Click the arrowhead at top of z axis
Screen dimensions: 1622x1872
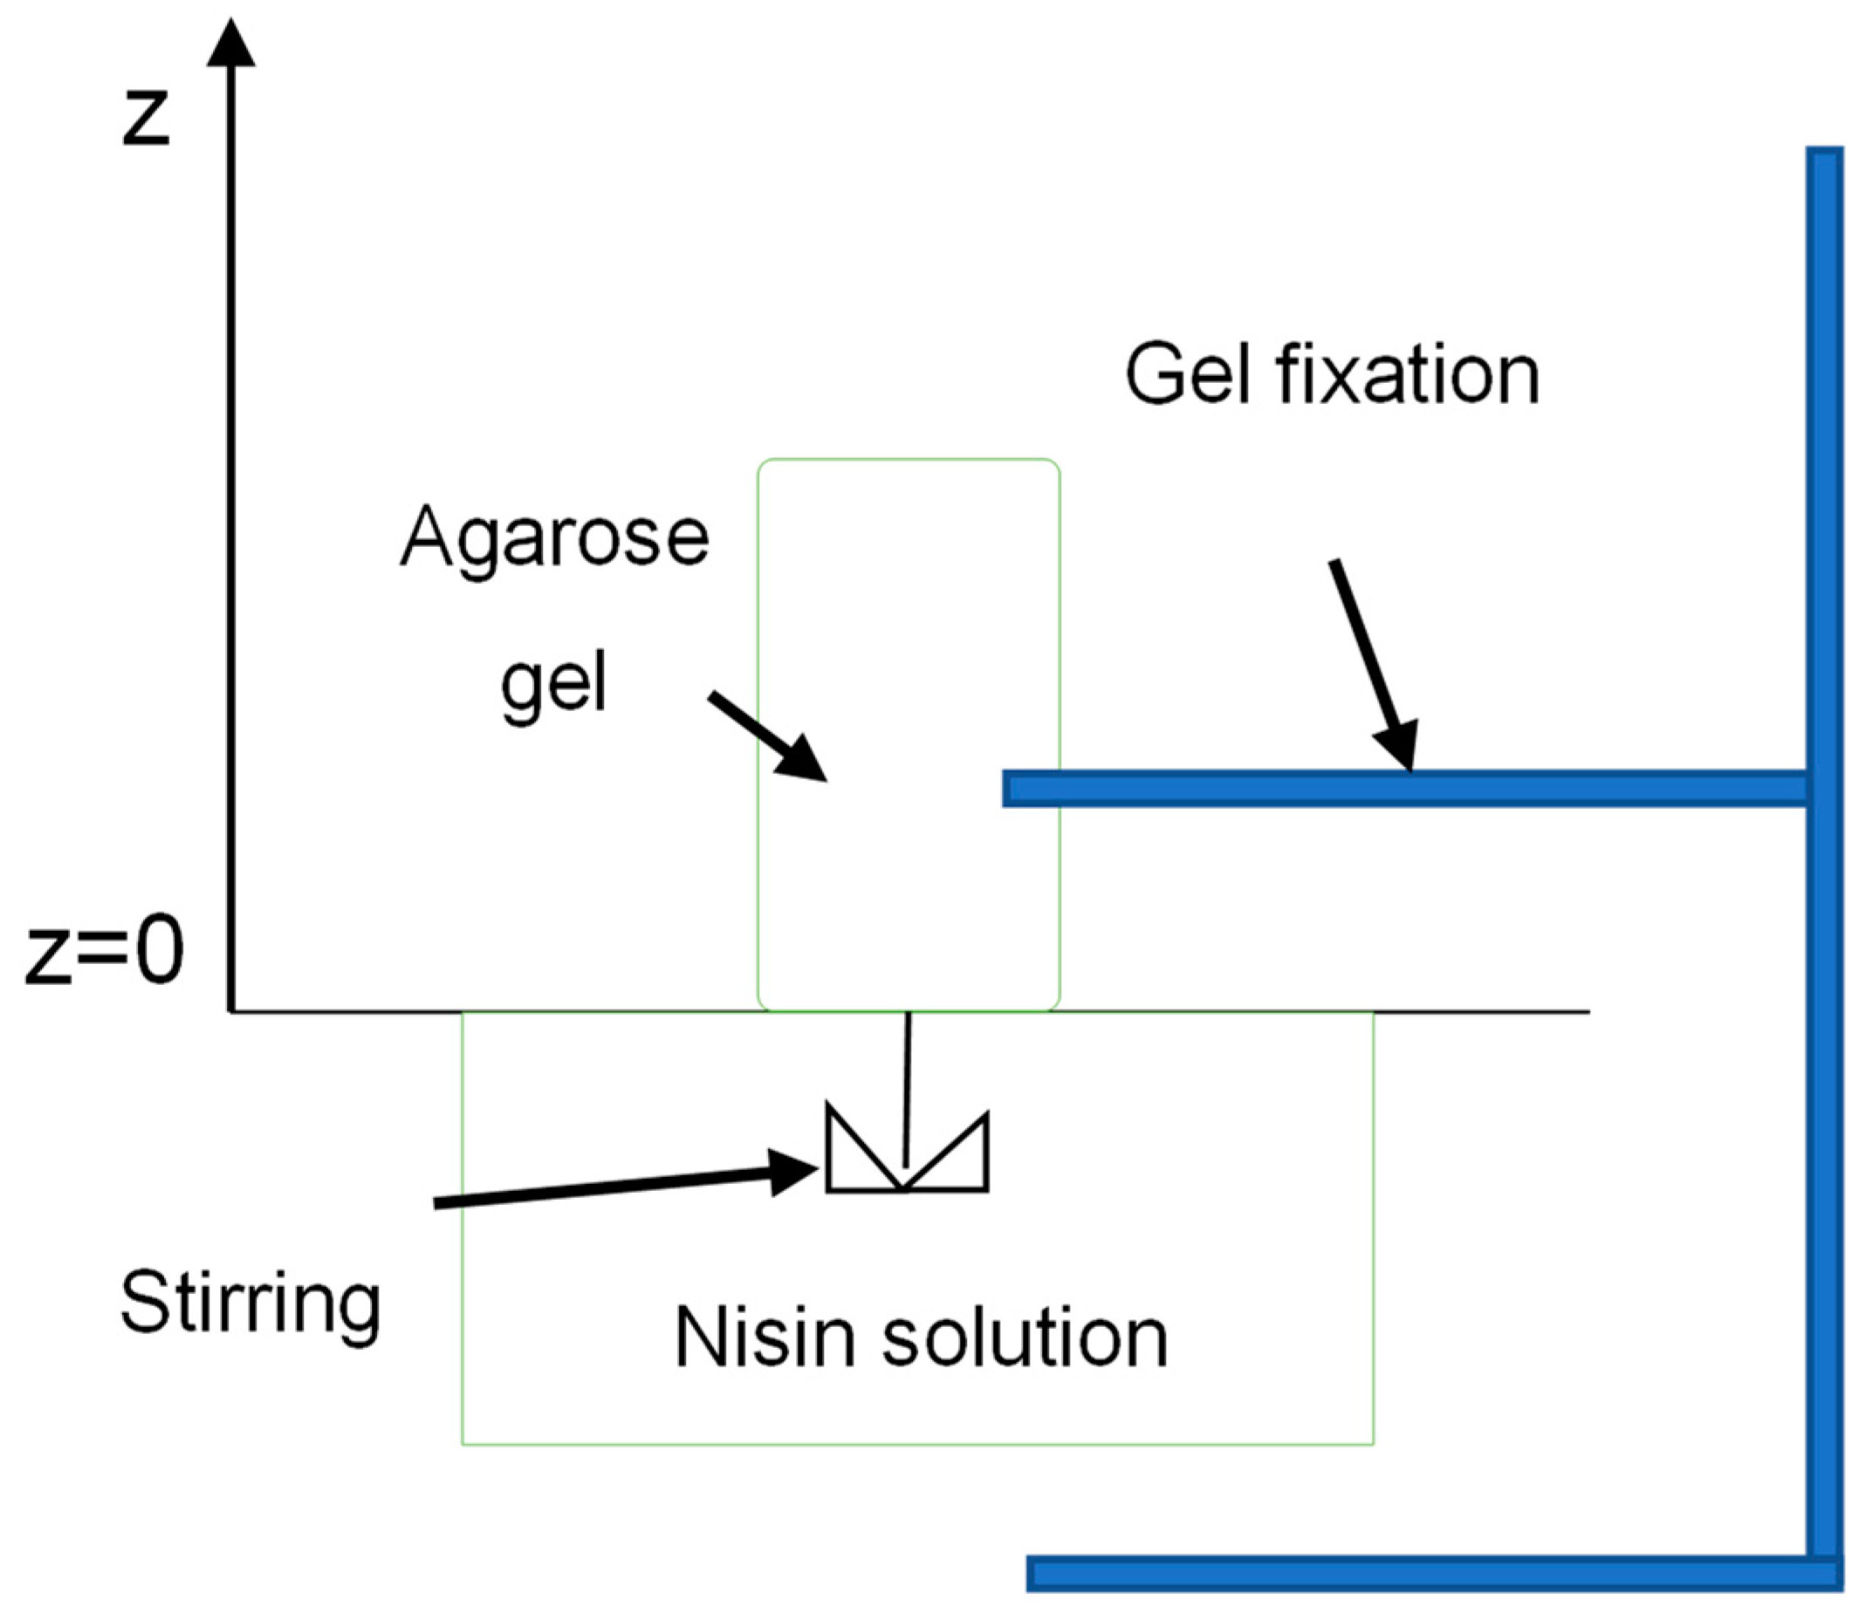pos(230,45)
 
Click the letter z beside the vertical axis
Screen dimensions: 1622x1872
pos(147,120)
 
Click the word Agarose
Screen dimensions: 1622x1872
pos(554,539)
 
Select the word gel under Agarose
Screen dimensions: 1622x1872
pos(553,686)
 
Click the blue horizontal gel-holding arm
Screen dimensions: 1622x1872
pos(1403,789)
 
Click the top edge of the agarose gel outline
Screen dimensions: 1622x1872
pos(908,460)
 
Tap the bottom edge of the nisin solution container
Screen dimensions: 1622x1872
pos(917,1445)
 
